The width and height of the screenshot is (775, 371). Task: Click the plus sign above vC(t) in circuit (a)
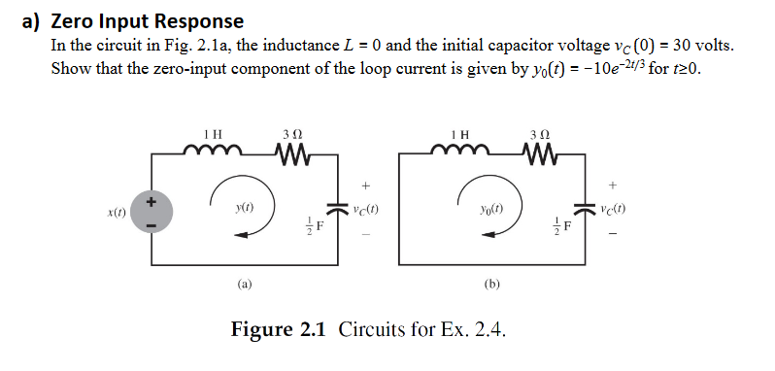coord(365,184)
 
